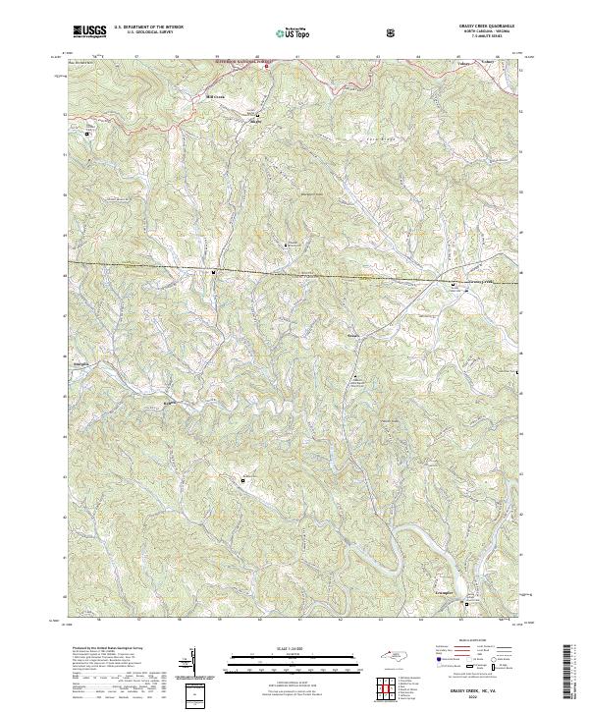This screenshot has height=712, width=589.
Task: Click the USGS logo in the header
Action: [89, 30]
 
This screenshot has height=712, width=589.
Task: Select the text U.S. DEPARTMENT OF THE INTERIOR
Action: [147, 27]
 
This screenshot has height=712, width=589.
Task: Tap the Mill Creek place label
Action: [216, 97]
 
